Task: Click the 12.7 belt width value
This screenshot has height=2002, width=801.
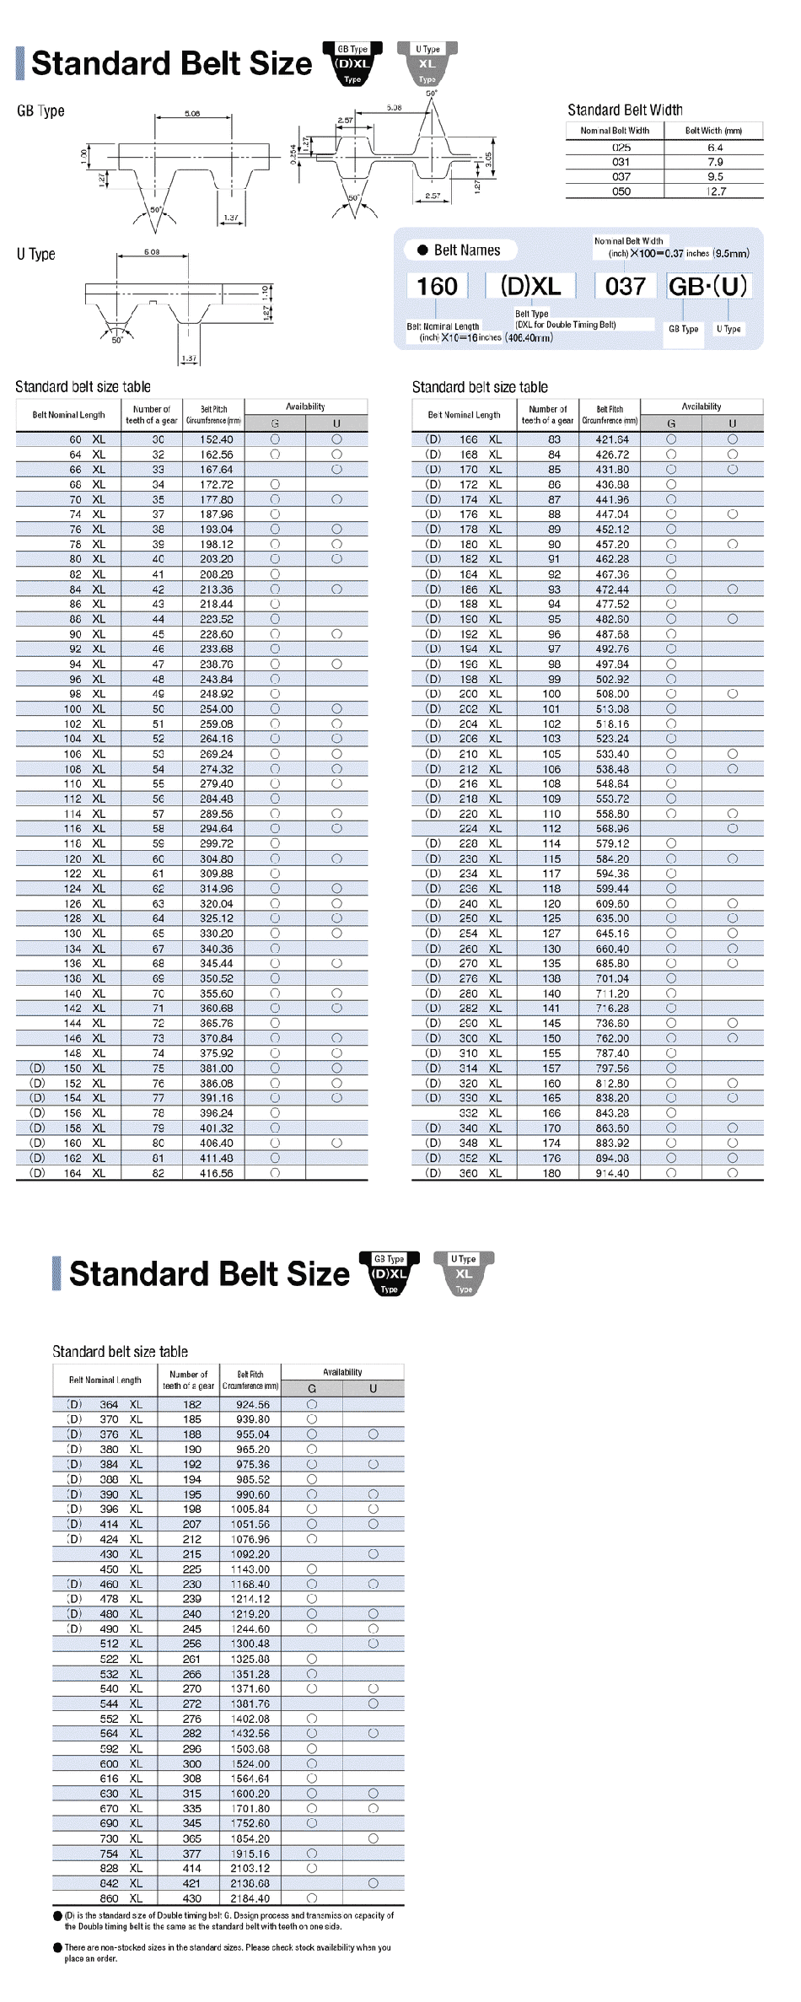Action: pos(714,191)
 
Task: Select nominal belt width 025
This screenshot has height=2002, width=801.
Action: pos(621,148)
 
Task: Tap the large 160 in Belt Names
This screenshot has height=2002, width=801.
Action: pos(437,287)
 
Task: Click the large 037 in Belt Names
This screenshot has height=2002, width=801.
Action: pos(625,287)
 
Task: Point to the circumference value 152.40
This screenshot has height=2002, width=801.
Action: pos(216,439)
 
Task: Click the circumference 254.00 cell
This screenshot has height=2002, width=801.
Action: pos(216,709)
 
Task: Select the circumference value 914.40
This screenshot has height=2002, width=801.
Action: pos(612,1173)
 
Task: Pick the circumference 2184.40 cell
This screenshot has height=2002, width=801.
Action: pos(250,1898)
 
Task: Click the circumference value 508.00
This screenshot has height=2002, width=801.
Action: pos(612,694)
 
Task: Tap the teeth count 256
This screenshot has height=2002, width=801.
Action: pos(192,1644)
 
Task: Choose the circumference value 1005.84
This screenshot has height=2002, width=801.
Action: pos(250,1509)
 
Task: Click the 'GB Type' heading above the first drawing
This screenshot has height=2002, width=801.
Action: pos(40,111)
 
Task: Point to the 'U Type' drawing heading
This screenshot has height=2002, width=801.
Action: pos(35,254)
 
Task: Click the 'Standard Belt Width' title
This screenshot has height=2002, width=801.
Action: pos(625,110)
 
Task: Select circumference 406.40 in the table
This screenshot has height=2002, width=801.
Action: pos(216,1144)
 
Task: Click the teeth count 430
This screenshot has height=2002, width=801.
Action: pos(192,1898)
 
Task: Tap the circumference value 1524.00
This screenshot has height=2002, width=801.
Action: pos(250,1763)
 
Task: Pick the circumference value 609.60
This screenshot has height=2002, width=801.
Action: pos(612,904)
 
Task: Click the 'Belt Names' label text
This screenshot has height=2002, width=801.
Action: pos(467,250)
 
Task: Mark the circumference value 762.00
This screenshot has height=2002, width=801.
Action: pos(612,1039)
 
